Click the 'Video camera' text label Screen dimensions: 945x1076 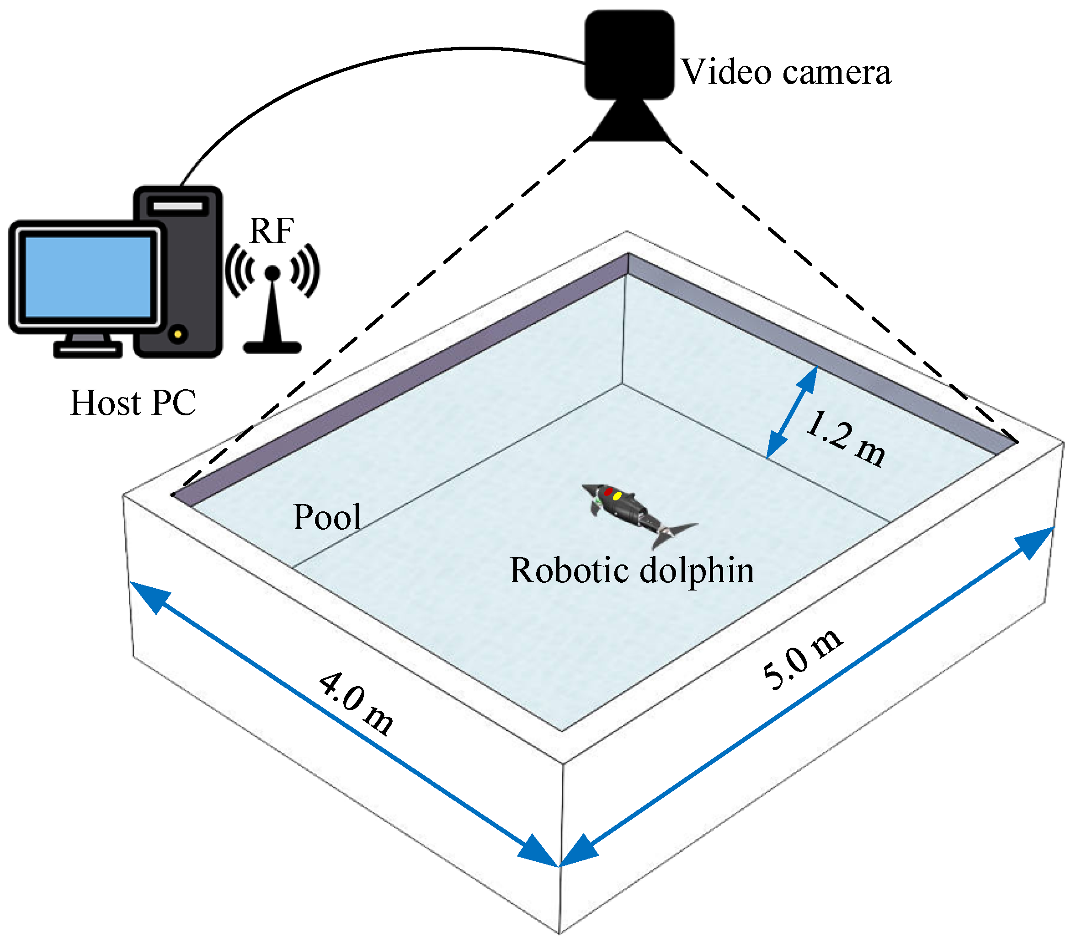point(786,72)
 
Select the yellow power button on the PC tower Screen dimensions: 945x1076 point(178,334)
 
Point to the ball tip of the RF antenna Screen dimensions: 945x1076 point(272,272)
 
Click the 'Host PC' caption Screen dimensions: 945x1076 point(133,403)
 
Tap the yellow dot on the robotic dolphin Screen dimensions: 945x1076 point(617,496)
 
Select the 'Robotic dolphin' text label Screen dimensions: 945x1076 point(632,570)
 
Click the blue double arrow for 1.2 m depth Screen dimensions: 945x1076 point(792,412)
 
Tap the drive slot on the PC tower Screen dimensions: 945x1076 point(178,206)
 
